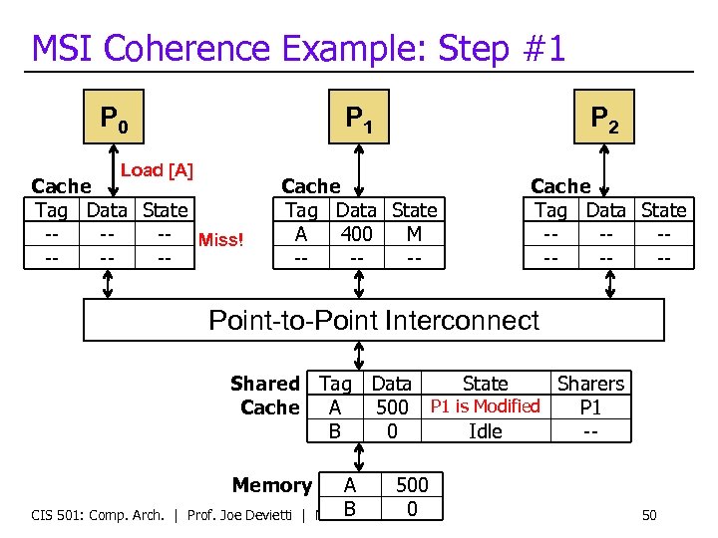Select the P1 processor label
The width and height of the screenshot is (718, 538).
click(359, 120)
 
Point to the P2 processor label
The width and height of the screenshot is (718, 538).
click(604, 120)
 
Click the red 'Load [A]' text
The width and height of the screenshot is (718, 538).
click(157, 170)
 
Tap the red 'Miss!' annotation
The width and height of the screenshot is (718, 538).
click(221, 239)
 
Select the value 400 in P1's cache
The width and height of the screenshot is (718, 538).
click(356, 234)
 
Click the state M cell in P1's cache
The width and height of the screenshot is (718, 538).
click(414, 234)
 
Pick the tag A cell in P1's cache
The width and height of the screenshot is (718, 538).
click(301, 234)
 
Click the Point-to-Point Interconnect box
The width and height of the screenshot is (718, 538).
click(373, 321)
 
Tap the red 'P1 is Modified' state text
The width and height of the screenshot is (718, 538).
click(485, 406)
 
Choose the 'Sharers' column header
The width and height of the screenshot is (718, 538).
click(590, 384)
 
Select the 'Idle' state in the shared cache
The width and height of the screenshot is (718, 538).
click(486, 431)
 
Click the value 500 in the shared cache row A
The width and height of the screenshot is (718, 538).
click(392, 407)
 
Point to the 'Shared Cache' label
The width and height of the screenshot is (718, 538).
click(265, 396)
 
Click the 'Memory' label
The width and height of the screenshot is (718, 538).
click(271, 485)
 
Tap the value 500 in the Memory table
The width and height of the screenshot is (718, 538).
click(412, 485)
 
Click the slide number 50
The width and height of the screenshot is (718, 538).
click(649, 515)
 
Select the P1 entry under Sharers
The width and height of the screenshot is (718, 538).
click(590, 407)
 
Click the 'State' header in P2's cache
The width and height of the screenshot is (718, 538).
click(664, 210)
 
